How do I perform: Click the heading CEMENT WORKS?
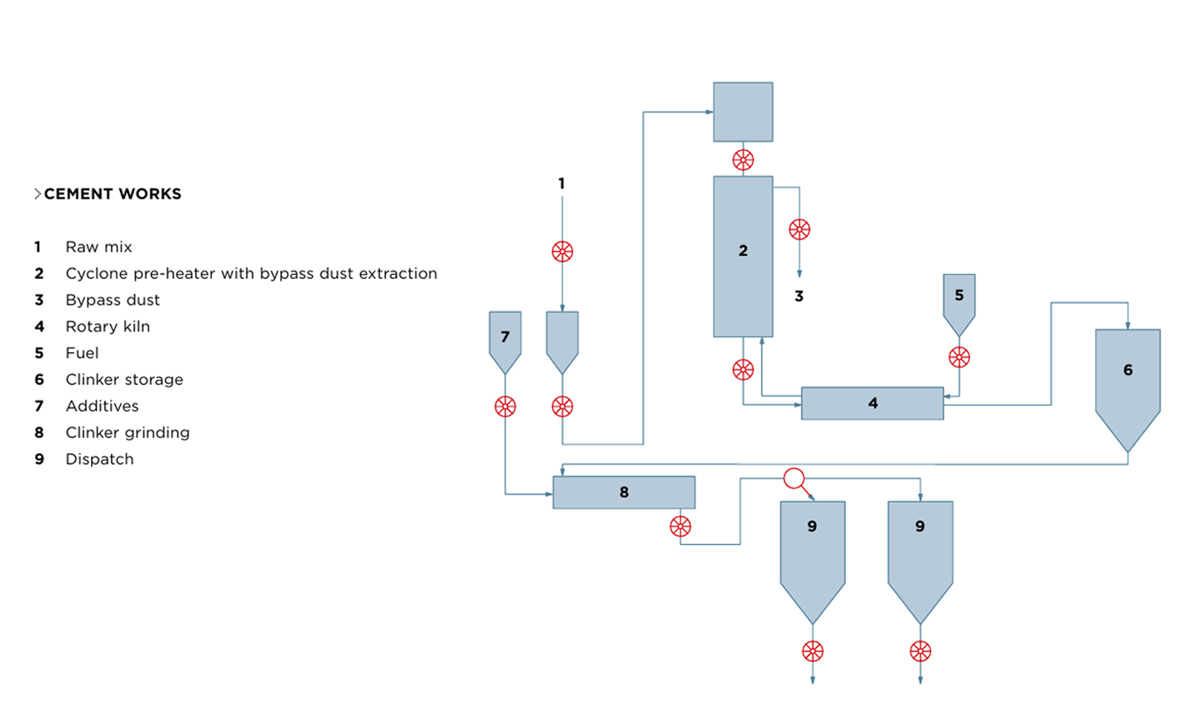(x=113, y=194)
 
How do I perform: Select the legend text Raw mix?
(x=99, y=247)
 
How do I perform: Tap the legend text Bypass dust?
(x=113, y=300)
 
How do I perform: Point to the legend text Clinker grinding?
(x=128, y=433)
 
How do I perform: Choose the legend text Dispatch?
(x=100, y=459)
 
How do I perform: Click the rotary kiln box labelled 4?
(x=872, y=403)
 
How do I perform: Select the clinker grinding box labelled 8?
(x=624, y=492)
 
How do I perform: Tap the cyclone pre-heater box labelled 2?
(x=743, y=256)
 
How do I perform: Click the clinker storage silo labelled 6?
(x=1128, y=375)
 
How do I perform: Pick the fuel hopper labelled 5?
(x=959, y=300)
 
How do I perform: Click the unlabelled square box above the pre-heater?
(x=743, y=112)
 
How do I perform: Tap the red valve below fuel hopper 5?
(x=959, y=357)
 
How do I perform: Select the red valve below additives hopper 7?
(x=505, y=407)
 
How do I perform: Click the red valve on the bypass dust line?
(x=799, y=230)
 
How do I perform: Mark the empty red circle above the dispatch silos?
(x=794, y=479)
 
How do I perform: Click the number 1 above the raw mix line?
(x=561, y=184)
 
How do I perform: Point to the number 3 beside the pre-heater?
(x=799, y=296)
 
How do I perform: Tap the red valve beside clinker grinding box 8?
(x=680, y=526)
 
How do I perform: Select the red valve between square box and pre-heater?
(x=743, y=160)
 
